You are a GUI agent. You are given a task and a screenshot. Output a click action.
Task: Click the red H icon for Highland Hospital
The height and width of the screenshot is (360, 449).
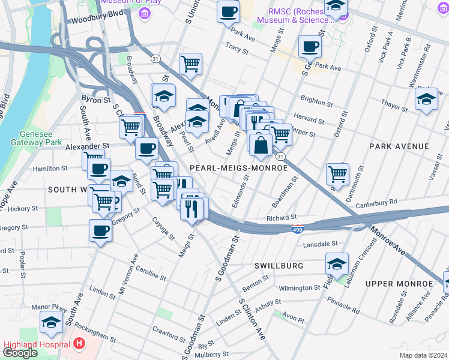(x=79, y=344)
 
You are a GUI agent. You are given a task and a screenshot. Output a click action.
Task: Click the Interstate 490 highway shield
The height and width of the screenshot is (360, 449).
(x=298, y=229)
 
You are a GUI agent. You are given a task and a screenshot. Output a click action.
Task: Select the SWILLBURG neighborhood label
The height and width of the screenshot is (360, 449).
(x=279, y=265)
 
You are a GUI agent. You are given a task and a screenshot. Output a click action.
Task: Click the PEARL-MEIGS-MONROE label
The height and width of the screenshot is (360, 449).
(x=239, y=169)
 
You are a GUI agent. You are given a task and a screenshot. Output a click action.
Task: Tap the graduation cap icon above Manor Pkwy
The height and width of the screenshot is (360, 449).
(x=51, y=323)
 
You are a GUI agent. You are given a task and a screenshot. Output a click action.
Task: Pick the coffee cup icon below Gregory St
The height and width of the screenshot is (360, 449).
(x=100, y=230)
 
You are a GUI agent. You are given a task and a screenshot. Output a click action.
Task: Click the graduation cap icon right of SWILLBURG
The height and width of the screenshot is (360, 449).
(x=337, y=263)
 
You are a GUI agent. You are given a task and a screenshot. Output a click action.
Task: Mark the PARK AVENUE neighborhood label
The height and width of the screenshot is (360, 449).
(x=399, y=146)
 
